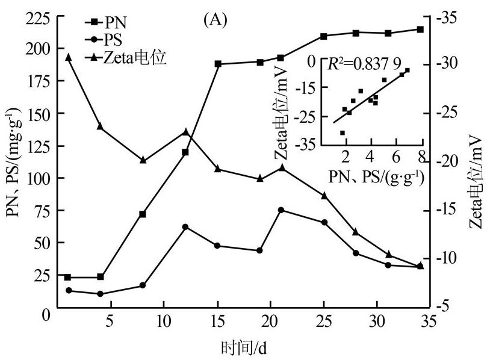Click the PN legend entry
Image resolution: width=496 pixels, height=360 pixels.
(x=114, y=24)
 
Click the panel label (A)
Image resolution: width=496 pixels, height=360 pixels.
(x=215, y=21)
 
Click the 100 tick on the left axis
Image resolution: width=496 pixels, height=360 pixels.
(x=37, y=178)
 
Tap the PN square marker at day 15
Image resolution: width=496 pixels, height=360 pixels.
(x=218, y=64)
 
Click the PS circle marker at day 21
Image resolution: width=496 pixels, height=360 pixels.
(x=281, y=210)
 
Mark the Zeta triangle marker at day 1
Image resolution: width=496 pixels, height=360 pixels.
(x=68, y=57)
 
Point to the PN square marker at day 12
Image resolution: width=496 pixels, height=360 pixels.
(x=185, y=152)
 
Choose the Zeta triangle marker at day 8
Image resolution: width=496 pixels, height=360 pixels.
(x=143, y=160)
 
